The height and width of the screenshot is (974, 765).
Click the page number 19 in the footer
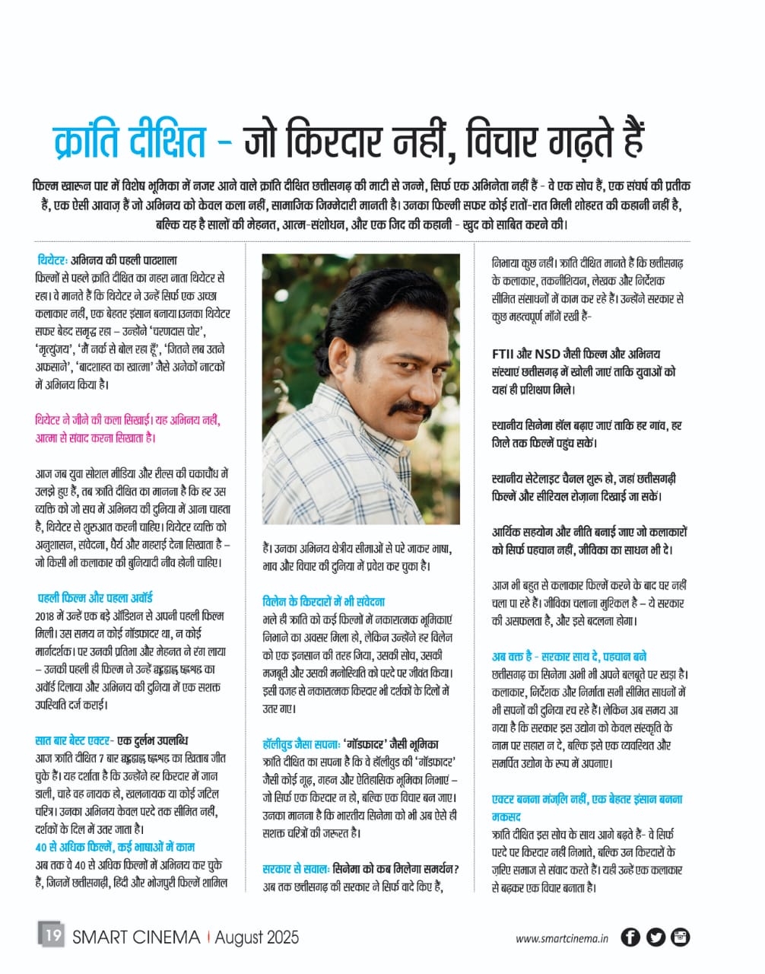[52, 934]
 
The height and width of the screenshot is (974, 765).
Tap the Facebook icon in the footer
[630, 937]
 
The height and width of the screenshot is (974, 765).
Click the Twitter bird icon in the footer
[655, 937]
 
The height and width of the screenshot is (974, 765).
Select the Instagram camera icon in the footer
[680, 937]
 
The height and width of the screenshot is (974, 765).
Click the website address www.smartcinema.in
[562, 938]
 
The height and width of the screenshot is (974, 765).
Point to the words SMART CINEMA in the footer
[136, 937]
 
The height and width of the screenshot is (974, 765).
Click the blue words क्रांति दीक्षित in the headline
[130, 141]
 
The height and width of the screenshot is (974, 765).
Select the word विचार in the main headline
[512, 141]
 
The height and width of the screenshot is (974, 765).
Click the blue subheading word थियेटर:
[53, 260]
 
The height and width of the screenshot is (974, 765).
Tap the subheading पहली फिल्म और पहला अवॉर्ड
[96, 597]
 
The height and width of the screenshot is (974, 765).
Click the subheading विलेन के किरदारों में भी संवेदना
[323, 601]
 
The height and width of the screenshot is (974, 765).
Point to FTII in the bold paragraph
[504, 354]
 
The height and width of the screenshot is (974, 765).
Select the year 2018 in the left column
[46, 616]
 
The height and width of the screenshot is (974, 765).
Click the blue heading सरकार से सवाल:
[296, 868]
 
